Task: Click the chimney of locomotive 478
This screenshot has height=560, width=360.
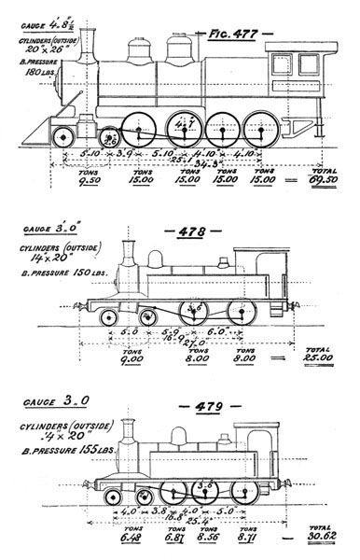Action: [x=129, y=253]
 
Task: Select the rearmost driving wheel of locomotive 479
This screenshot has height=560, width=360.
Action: [x=244, y=493]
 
